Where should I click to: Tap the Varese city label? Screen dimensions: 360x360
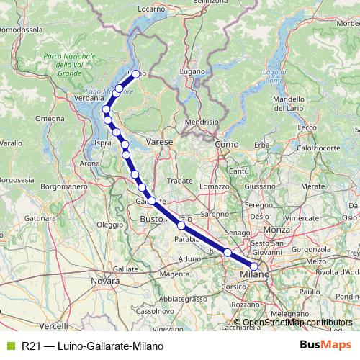(160, 143)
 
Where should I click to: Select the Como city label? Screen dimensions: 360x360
(227, 145)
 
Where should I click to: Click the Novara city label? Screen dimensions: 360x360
(105, 281)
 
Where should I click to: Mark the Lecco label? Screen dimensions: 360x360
(307, 127)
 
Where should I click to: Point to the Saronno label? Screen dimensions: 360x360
(214, 214)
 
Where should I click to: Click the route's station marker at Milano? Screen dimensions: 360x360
(253, 266)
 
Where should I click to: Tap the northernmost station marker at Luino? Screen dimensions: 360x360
(135, 73)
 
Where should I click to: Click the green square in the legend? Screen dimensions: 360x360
(9, 346)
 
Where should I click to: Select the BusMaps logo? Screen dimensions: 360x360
(329, 345)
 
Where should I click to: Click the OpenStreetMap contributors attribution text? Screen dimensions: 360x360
(297, 323)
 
